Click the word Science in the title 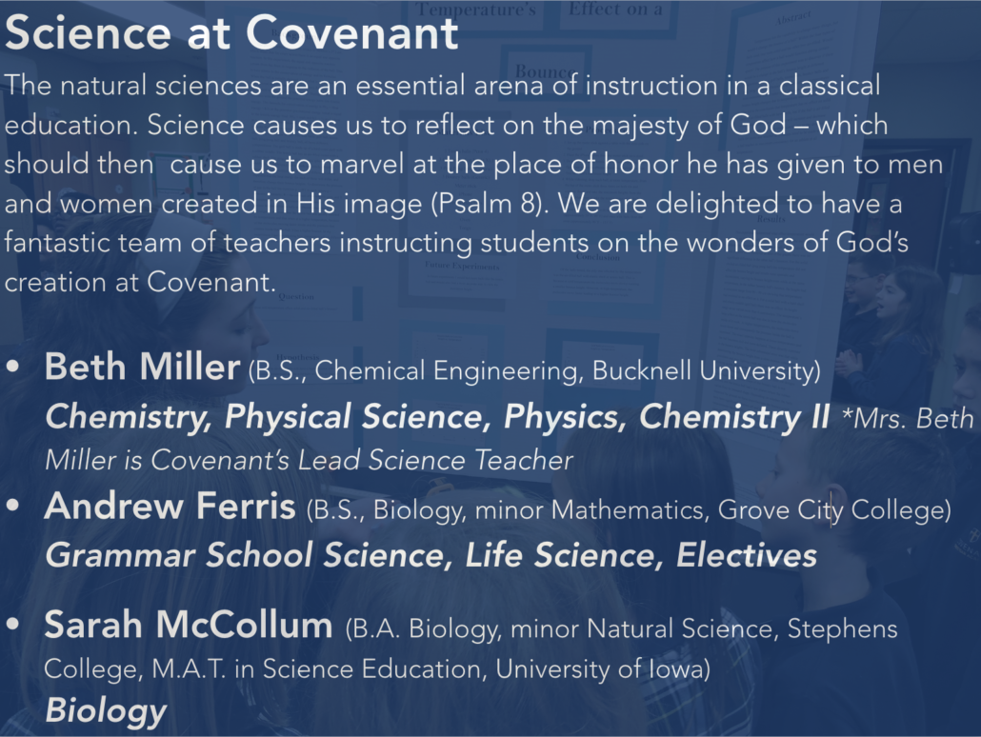coord(88,32)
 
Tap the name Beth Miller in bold coord(143,367)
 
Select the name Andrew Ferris coord(170,506)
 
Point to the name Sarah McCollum coord(189,625)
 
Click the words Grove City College coord(830,509)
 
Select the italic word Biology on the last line coord(106,711)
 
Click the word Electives coord(747,555)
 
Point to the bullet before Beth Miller coord(12,368)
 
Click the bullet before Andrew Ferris coord(12,507)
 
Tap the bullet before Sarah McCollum coord(12,625)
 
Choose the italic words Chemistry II coord(734,417)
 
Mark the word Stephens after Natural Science coord(842,628)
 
